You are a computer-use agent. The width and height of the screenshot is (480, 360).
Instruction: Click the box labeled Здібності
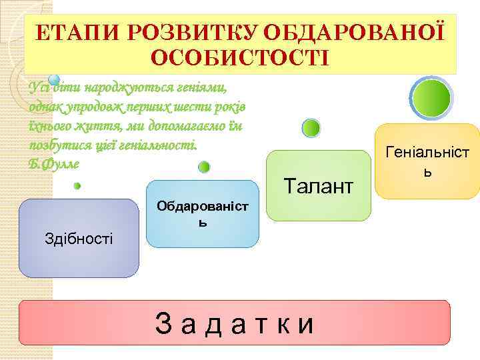pyautogui.click(x=79, y=238)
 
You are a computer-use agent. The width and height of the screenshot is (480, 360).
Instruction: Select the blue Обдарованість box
pyautogui.click(x=202, y=213)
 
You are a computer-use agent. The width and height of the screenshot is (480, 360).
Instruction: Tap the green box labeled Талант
pyautogui.click(x=318, y=186)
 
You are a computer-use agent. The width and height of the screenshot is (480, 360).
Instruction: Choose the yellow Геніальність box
pyautogui.click(x=427, y=161)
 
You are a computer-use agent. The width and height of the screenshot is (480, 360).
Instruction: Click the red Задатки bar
pyautogui.click(x=235, y=323)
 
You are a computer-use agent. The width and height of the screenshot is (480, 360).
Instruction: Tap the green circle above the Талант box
pyautogui.click(x=311, y=128)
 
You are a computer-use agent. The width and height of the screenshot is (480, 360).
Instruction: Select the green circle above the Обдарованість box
pyautogui.click(x=205, y=167)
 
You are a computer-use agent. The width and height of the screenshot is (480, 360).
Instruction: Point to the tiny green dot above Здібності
pyautogui.click(x=77, y=186)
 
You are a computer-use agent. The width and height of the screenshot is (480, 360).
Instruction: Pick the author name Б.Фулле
pyautogui.click(x=55, y=163)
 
